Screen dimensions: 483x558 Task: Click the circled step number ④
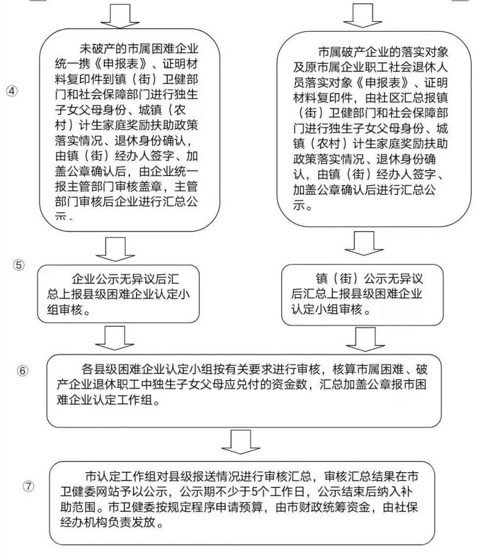pyautogui.click(x=12, y=91)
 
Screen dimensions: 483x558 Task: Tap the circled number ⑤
pyautogui.click(x=19, y=265)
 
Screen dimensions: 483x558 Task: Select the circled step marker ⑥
pyautogui.click(x=23, y=371)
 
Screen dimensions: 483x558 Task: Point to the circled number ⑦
pyautogui.click(x=29, y=486)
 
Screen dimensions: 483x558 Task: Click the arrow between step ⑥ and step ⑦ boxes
pyautogui.click(x=241, y=442)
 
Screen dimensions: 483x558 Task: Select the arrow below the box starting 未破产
pyautogui.click(x=115, y=249)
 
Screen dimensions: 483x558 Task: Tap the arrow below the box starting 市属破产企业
pyautogui.click(x=364, y=244)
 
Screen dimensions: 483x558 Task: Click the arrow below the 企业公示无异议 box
pyautogui.click(x=115, y=338)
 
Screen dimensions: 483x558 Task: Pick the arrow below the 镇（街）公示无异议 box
pyautogui.click(x=365, y=339)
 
